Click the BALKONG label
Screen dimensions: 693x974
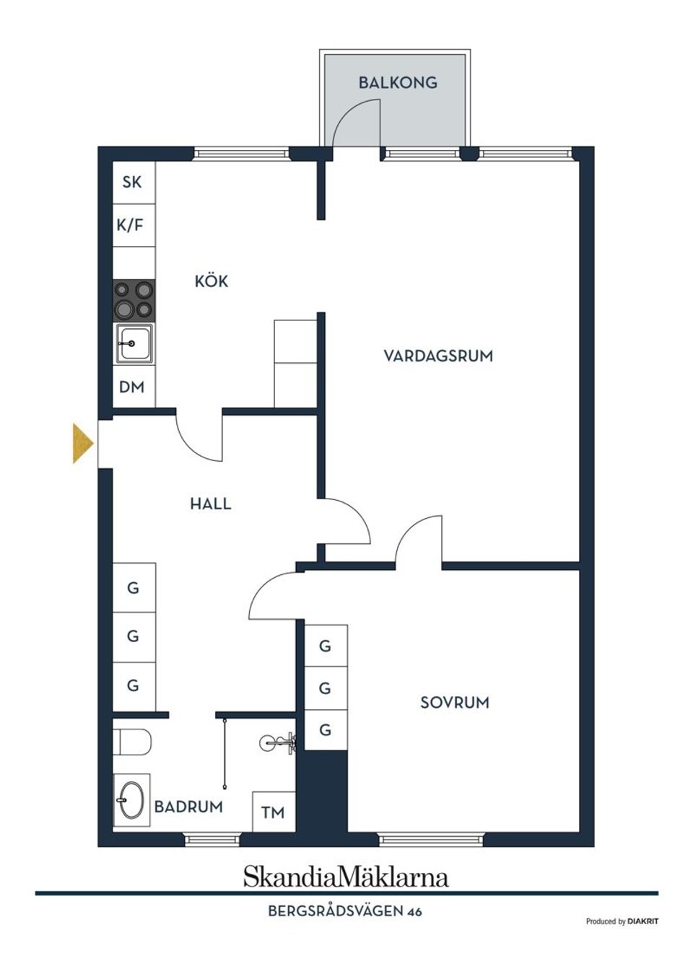coord(398,83)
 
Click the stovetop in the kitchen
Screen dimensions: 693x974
coord(134,301)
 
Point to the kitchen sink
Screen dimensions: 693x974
coord(134,343)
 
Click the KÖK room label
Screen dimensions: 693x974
coord(212,281)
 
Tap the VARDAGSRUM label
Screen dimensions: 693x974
coord(438,356)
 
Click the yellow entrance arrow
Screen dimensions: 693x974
coord(83,443)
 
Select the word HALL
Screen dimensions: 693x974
coord(211,504)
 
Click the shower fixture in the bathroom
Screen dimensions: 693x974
coord(279,744)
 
